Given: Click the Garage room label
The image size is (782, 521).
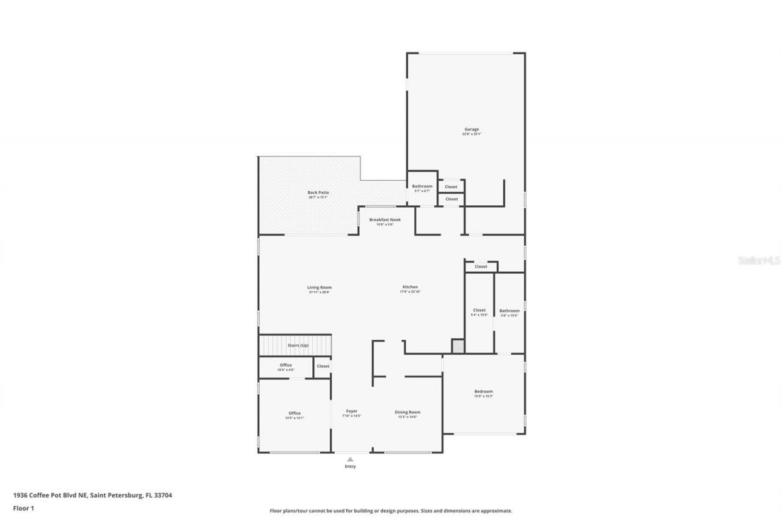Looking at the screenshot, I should click(471, 129).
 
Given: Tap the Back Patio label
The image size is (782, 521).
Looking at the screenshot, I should click(318, 193).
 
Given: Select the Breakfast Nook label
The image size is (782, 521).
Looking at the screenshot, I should click(385, 220).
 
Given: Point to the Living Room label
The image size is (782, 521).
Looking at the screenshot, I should click(319, 288).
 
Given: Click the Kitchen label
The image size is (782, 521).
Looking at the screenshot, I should click(410, 288).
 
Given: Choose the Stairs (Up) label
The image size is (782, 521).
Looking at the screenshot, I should click(298, 346).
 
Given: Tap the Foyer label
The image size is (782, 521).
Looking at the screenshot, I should click(351, 412).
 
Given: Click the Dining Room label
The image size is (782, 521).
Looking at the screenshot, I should click(407, 412).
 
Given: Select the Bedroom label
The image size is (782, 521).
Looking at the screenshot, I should click(483, 392).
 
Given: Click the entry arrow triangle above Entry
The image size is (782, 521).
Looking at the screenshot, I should click(350, 459).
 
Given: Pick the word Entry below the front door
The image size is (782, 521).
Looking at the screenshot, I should click(350, 467).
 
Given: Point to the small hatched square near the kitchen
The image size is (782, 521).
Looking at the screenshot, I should click(458, 346).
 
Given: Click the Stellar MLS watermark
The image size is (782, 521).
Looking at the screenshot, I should click(759, 260).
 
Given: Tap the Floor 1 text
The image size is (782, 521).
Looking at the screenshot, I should click(24, 508).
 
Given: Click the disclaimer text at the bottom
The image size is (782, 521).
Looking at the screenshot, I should click(391, 511).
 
